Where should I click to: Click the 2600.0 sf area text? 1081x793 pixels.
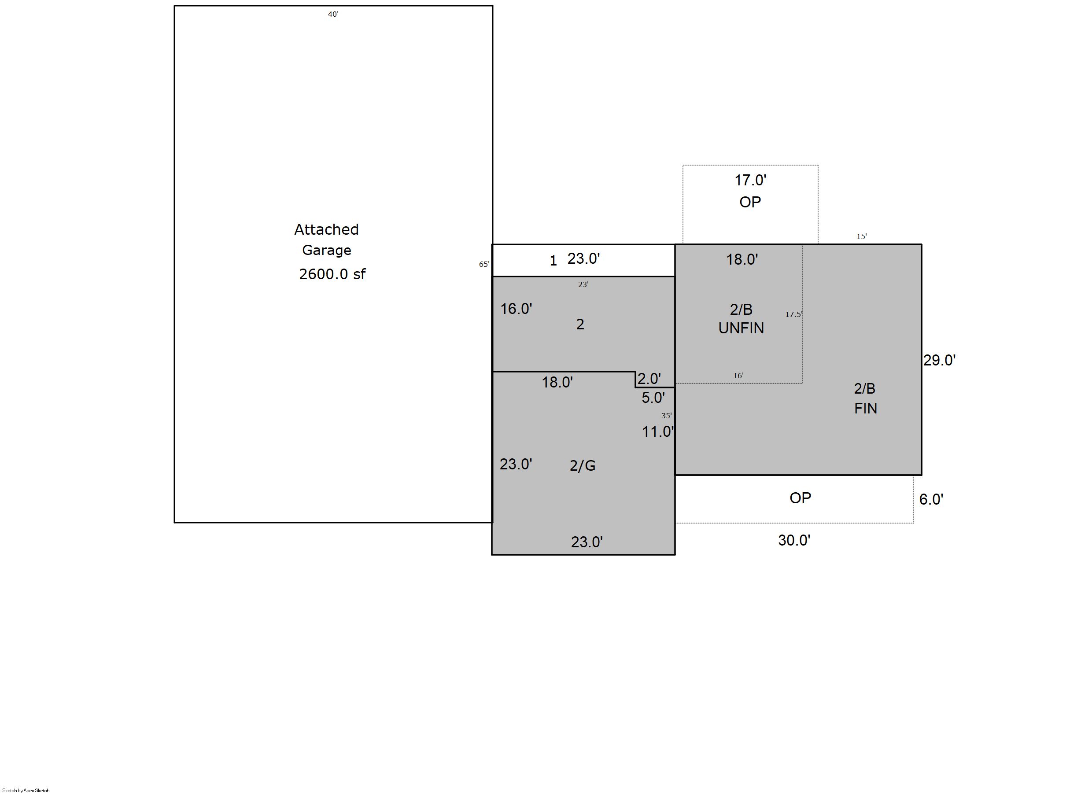point(332,274)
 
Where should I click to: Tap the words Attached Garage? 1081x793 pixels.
point(326,240)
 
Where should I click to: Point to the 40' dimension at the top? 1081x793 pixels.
point(333,15)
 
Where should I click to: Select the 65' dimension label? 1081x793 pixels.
point(484,264)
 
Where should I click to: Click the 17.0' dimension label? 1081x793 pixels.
point(750,180)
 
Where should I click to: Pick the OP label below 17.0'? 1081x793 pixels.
point(750,202)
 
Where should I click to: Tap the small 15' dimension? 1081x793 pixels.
point(862,236)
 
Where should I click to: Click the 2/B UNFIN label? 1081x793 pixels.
point(741,319)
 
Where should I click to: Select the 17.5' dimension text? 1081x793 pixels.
point(793,314)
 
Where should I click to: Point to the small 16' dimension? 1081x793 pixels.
point(738,376)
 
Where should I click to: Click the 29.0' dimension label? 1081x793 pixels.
point(939,360)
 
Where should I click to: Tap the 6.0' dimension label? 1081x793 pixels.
point(931,499)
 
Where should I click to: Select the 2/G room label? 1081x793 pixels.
point(582,465)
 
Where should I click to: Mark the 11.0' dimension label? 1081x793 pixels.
point(658,432)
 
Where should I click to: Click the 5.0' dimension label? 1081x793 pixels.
point(653,398)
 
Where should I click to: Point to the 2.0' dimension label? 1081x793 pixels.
point(649,379)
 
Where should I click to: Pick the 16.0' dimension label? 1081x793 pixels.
point(516,309)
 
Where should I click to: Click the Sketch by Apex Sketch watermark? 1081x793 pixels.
point(26,790)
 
